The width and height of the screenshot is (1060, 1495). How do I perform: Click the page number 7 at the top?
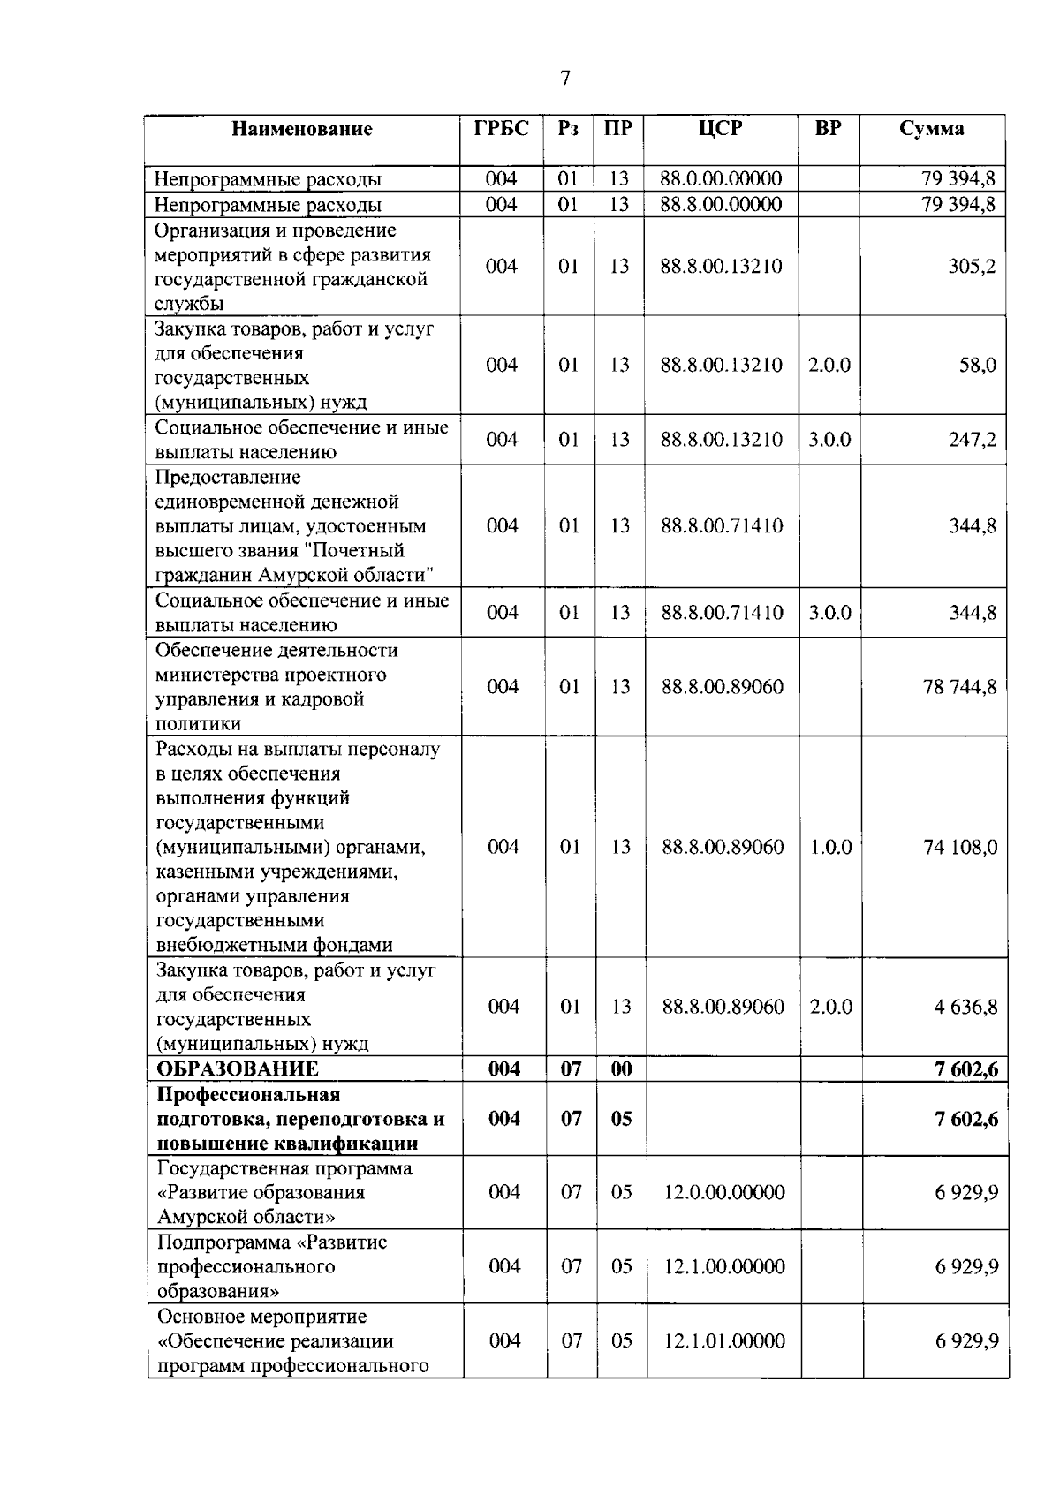pos(565,79)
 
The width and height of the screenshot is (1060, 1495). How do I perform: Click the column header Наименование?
pos(302,130)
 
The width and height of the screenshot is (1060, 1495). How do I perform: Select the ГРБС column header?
pos(501,129)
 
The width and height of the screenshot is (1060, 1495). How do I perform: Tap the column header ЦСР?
pos(720,129)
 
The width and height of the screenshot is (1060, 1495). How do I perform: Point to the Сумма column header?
pos(932,129)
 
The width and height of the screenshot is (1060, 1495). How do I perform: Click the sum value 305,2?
pos(972,267)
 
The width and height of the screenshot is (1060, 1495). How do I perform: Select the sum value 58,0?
pos(977,366)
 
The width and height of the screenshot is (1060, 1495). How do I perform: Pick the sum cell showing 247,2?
pos(972,440)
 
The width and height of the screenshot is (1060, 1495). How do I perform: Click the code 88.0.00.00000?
pos(721,179)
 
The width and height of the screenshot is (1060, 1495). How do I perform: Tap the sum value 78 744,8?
pos(959,687)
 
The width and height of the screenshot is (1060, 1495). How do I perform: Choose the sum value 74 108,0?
pos(960,847)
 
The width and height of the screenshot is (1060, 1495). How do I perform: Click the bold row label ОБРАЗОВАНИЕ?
pos(238,1069)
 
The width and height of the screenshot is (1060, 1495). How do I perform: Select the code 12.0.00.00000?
pos(724,1193)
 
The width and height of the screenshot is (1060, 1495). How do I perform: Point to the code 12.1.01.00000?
pos(724,1341)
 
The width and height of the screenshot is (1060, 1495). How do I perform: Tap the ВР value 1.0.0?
pos(831,847)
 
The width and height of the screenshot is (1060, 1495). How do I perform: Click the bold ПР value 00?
pos(621,1069)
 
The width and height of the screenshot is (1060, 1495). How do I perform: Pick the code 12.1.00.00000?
pos(724,1267)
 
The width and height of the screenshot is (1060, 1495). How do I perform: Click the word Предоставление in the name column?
pos(228,478)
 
